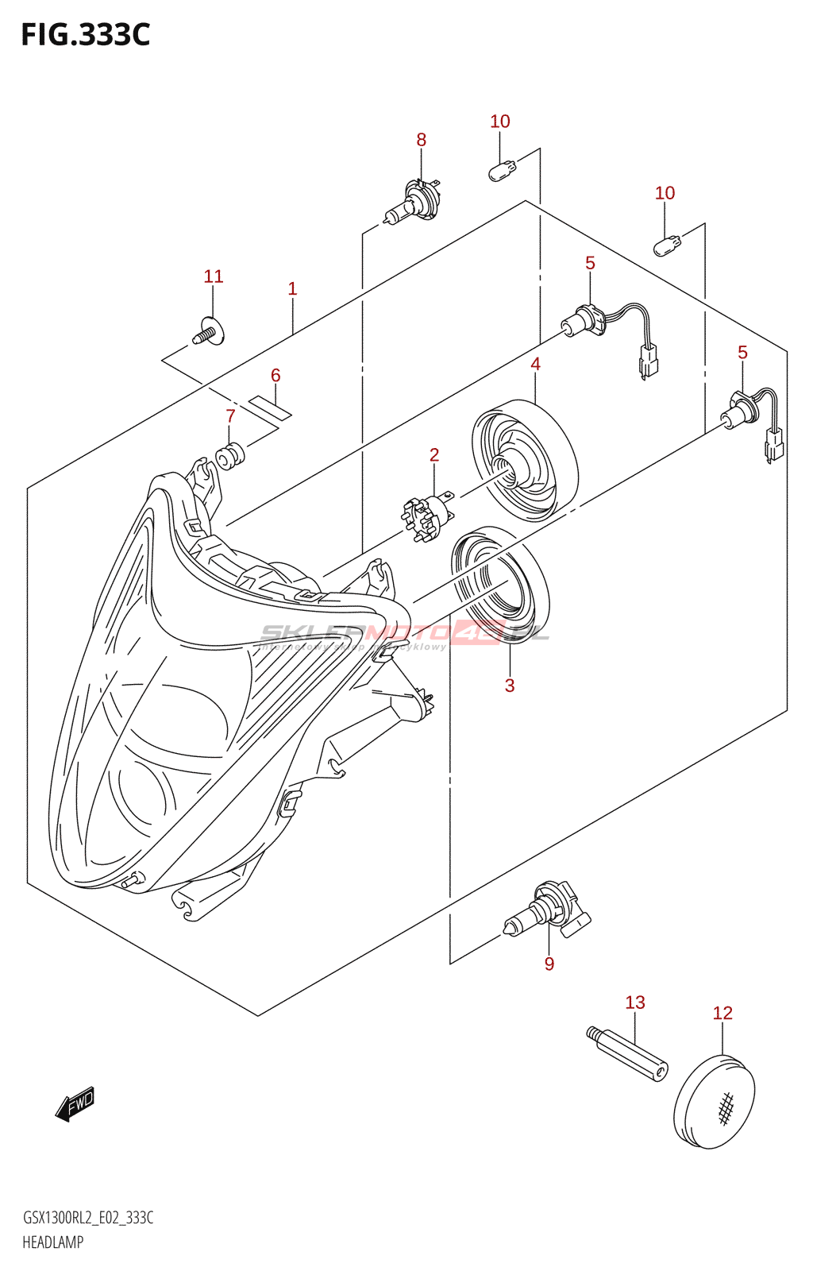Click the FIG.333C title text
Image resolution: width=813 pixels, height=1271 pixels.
click(x=85, y=35)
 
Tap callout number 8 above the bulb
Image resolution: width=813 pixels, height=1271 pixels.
click(x=421, y=140)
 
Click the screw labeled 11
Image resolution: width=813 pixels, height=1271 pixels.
click(x=209, y=331)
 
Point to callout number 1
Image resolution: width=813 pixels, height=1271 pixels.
click(x=292, y=288)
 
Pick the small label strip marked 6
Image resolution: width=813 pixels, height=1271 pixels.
click(x=270, y=407)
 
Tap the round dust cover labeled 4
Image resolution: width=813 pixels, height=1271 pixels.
click(x=525, y=460)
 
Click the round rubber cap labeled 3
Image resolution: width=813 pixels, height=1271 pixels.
click(x=500, y=584)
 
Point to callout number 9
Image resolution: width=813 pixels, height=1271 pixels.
click(x=549, y=964)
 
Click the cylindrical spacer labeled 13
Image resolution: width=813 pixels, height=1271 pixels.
click(x=628, y=1054)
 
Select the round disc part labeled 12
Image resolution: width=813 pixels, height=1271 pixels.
click(x=714, y=1101)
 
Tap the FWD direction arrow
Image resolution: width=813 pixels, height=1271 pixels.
click(x=75, y=1103)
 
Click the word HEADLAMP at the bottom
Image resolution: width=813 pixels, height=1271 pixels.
click(x=52, y=1242)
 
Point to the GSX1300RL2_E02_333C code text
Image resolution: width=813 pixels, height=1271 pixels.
click(x=88, y=1218)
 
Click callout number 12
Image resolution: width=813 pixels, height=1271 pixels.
click(x=722, y=1013)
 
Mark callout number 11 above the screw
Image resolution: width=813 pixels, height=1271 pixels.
click(x=214, y=276)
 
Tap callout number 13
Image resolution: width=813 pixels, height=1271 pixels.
click(x=635, y=1003)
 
